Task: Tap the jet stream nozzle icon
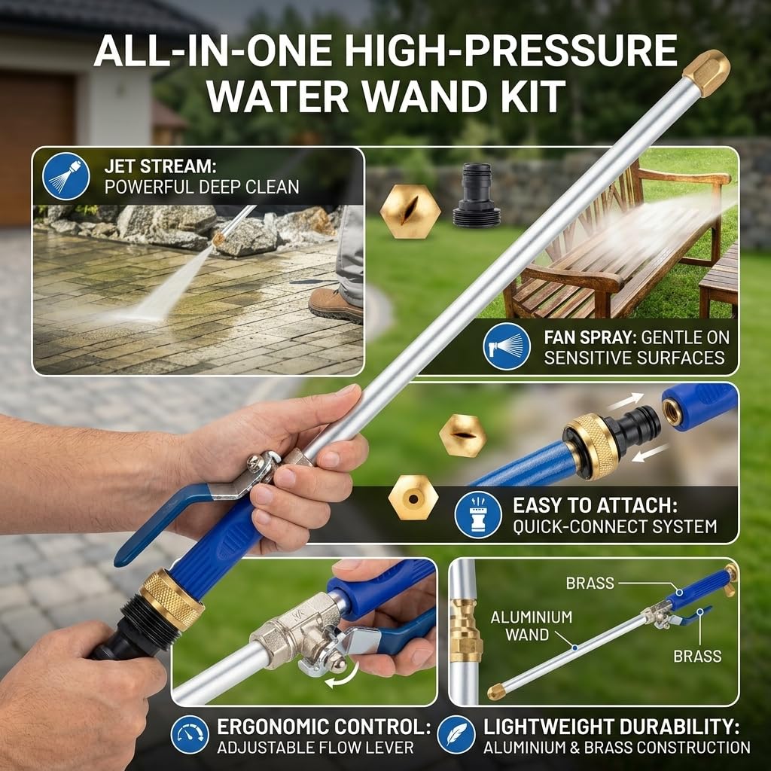click(x=66, y=176)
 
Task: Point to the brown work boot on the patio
click(x=336, y=306)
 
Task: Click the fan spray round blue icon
click(x=507, y=346)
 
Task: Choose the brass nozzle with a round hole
click(x=413, y=498)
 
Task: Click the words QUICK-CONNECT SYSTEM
click(x=614, y=526)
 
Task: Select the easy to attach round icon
click(x=478, y=514)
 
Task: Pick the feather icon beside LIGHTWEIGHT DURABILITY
click(x=456, y=735)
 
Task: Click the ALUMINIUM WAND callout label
click(x=531, y=626)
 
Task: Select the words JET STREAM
click(x=160, y=166)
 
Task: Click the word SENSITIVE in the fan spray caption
click(x=590, y=358)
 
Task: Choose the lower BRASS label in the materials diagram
click(x=697, y=656)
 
